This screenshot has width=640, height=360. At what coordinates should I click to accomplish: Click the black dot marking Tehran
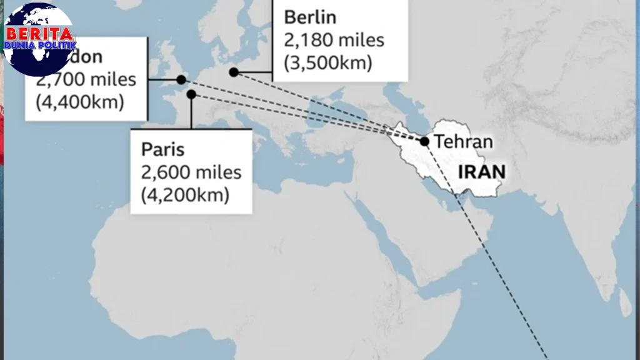tap(424, 142)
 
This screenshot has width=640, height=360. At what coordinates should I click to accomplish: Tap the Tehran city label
tap(463, 142)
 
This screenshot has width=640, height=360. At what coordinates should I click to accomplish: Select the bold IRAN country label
tap(482, 171)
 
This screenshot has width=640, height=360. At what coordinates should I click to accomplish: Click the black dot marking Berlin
tap(234, 72)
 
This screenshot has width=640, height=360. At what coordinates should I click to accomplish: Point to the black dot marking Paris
tap(192, 94)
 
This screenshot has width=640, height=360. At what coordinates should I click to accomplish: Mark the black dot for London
tap(181, 79)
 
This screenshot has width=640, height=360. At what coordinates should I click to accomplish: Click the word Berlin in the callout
tap(310, 17)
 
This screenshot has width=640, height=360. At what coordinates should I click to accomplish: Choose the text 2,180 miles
tap(334, 40)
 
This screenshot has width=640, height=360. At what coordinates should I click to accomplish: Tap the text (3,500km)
tap(328, 63)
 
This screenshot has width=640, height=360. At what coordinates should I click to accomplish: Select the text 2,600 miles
tap(191, 172)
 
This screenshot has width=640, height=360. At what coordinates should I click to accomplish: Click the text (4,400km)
tap(79, 101)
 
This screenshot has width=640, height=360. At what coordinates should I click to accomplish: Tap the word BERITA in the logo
tap(39, 33)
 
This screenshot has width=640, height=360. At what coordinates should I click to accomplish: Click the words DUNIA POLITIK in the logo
tap(40, 46)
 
